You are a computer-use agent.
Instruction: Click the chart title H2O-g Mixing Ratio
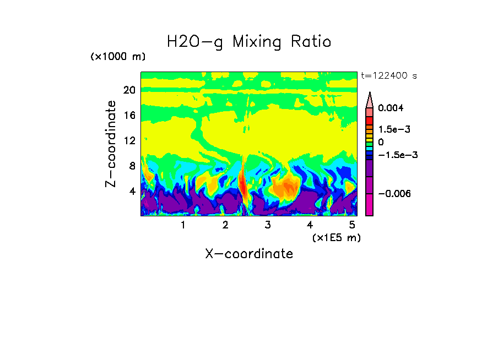click(x=249, y=42)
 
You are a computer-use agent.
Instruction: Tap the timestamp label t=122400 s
click(x=388, y=76)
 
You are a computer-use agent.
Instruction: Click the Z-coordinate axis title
click(x=112, y=144)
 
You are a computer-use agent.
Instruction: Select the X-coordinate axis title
click(x=249, y=254)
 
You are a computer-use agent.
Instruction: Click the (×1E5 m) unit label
click(x=337, y=238)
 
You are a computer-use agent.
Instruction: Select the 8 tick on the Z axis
click(x=132, y=166)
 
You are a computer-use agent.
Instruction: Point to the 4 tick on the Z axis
click(x=132, y=191)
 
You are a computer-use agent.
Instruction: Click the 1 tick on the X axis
click(x=183, y=225)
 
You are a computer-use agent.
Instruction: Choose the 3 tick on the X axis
click(x=268, y=225)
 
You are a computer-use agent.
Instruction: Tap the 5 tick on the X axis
click(x=352, y=225)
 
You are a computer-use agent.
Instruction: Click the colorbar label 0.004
click(x=391, y=109)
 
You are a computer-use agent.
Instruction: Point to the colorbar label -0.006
click(x=394, y=194)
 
